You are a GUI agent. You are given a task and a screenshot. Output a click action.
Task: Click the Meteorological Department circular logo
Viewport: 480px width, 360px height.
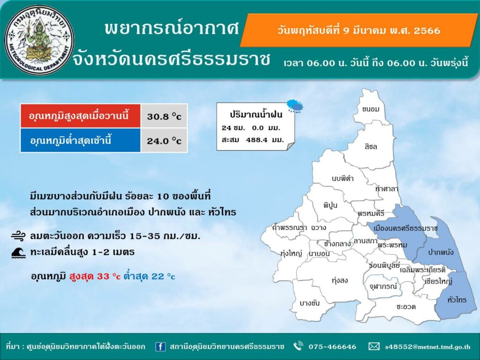tap(39, 40)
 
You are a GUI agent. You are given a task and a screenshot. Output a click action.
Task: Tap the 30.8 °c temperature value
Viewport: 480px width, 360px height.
tap(164, 116)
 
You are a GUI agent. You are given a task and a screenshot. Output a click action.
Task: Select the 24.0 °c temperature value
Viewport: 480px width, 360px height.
tap(164, 141)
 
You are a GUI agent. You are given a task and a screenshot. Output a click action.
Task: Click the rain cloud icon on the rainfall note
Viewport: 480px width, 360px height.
tap(295, 106)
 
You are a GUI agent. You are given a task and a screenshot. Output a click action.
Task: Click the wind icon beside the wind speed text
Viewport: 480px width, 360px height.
tap(19, 236)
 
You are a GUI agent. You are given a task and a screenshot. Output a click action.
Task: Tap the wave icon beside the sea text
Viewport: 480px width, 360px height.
tap(19, 253)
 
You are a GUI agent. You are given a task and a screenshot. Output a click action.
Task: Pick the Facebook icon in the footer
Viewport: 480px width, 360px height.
tap(160, 346)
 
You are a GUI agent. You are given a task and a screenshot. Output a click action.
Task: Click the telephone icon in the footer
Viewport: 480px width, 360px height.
tap(298, 346)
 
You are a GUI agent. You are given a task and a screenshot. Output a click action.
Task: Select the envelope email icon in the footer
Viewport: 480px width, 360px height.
tap(374, 346)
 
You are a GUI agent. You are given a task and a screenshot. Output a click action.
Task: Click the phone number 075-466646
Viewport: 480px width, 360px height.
tap(332, 347)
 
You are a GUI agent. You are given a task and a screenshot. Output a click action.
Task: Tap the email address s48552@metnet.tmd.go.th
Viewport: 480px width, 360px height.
tap(427, 347)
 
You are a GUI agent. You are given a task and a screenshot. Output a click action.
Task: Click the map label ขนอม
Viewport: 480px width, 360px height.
tap(370, 109)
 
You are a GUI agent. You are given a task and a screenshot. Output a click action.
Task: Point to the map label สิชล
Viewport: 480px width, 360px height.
tap(371, 147)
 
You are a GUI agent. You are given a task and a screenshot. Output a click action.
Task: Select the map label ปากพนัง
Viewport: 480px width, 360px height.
tap(441, 252)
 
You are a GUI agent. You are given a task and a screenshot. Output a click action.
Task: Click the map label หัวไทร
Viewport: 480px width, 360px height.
tap(457, 300)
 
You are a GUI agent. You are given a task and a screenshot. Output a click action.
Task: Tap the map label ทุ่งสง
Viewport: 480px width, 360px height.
tap(339, 280)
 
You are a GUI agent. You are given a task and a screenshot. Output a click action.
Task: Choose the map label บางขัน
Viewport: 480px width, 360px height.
tap(309, 303)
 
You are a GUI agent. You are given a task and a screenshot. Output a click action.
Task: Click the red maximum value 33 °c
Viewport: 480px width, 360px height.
tap(109, 277)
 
